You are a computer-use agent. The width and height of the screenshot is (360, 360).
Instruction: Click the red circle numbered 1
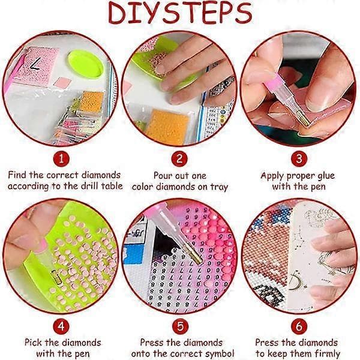click(x=61, y=158)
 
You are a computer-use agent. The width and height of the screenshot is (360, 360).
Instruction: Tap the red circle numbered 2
click(x=179, y=159)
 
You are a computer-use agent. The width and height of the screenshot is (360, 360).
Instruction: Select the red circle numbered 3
click(x=299, y=158)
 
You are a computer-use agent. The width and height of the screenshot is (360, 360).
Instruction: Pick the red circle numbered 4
click(x=61, y=326)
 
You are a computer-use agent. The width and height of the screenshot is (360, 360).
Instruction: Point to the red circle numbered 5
click(x=181, y=326)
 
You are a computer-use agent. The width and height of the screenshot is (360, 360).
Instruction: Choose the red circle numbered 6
click(x=299, y=326)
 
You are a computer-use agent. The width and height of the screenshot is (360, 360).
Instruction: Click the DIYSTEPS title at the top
click(x=180, y=13)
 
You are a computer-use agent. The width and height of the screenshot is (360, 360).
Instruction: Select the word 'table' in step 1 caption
click(x=112, y=185)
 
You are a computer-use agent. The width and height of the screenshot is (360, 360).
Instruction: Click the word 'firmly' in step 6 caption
click(x=327, y=353)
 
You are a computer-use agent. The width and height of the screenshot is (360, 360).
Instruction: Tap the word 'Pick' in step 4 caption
click(x=34, y=343)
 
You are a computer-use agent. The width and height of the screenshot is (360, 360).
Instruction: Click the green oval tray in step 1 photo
click(x=86, y=64)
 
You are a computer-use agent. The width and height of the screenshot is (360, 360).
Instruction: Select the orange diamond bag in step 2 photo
click(x=167, y=127)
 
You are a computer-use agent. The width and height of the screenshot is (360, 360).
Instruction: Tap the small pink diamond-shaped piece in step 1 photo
click(x=62, y=82)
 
